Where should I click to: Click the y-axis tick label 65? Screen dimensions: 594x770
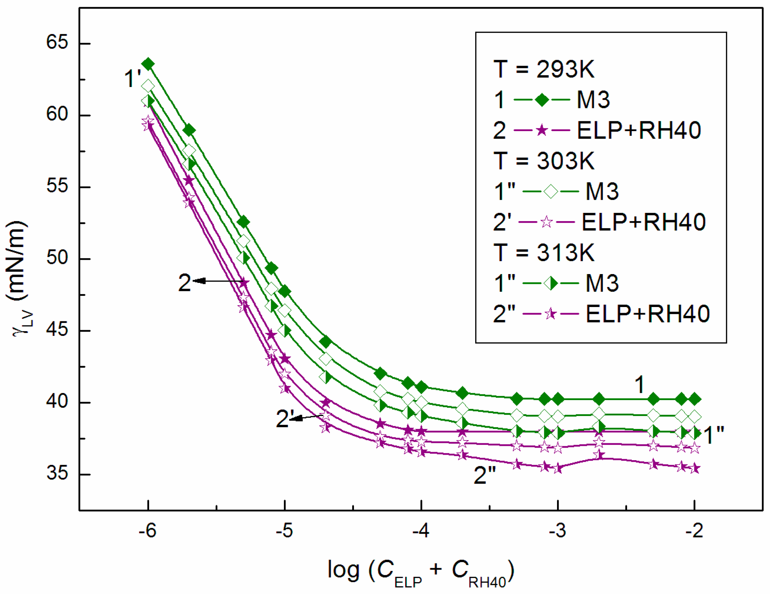[x=57, y=42]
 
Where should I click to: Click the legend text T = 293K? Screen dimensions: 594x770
[x=544, y=69]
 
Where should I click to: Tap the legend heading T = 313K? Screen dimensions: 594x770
[x=544, y=253]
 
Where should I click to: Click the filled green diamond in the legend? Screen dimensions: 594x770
[x=542, y=100]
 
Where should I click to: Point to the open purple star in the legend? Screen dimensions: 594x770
[x=546, y=222]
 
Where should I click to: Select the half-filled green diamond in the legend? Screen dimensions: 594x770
[x=551, y=283]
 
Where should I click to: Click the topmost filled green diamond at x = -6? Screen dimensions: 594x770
[x=148, y=64]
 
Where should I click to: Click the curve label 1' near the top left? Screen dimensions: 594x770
[x=132, y=78]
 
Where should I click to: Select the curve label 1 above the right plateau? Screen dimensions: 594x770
[x=639, y=384]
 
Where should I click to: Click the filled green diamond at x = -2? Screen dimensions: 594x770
[x=695, y=399]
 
